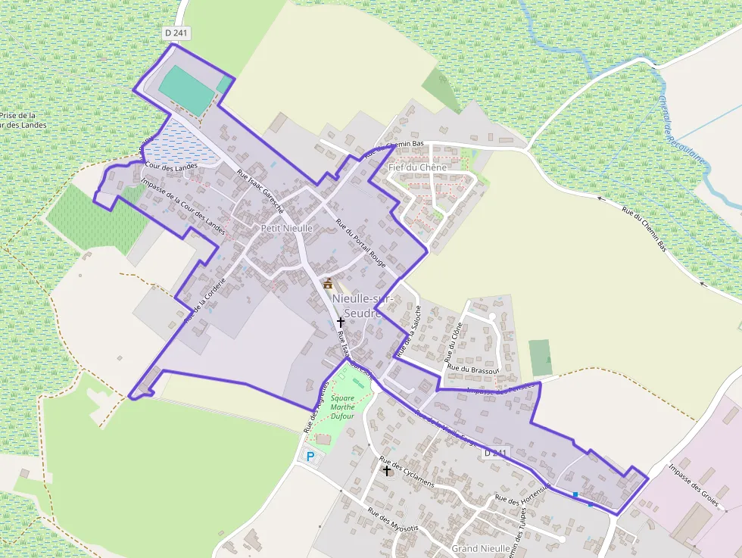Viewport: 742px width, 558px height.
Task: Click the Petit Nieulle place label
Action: pos(286,228)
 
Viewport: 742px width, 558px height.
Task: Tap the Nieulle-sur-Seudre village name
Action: pos(363,306)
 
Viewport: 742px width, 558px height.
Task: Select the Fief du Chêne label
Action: pos(413,167)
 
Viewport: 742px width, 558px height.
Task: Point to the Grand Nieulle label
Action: pos(481,547)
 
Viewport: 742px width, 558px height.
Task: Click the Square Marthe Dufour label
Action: pos(342,407)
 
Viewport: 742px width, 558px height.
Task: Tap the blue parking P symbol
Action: pos(309,457)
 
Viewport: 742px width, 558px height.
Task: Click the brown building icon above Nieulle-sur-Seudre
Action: pos(328,284)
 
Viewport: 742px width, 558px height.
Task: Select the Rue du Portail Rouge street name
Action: pos(360,244)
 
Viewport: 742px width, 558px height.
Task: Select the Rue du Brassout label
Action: pos(473,366)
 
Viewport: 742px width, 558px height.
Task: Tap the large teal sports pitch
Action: pos(186,89)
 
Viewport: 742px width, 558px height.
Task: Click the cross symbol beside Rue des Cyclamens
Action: pos(387,470)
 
